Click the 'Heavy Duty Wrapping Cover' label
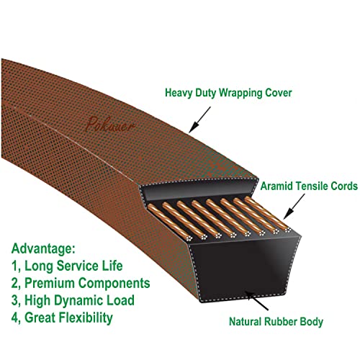click(228, 93)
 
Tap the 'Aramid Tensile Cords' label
click(309, 186)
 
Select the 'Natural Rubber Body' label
click(276, 322)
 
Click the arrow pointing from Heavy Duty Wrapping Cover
click(199, 120)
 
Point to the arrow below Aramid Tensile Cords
click(294, 207)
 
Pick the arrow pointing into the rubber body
click(257, 300)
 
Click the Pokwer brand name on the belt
click(110, 125)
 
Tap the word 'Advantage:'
click(43, 249)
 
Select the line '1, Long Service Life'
click(67, 266)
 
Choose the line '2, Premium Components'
click(81, 283)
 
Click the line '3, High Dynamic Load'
click(73, 300)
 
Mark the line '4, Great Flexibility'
click(62, 318)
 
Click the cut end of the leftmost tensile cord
click(189, 238)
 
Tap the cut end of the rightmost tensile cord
click(288, 230)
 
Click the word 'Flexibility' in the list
click(86, 318)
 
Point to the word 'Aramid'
click(276, 186)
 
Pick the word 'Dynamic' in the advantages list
click(78, 301)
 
